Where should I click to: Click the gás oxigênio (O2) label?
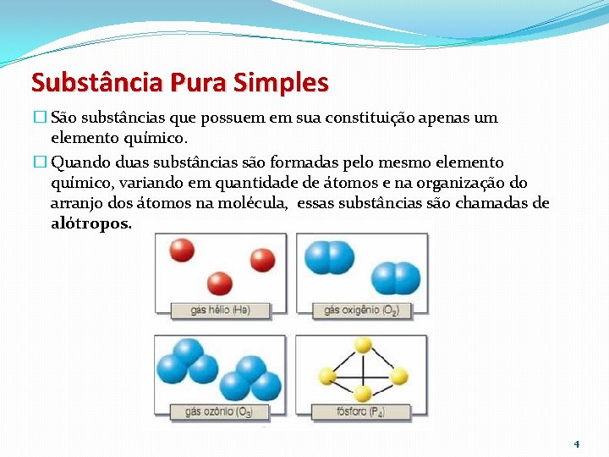tap(362, 311)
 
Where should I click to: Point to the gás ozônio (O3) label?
tap(221, 413)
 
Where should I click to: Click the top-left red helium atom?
tap(182, 250)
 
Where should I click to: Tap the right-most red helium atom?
tap(262, 259)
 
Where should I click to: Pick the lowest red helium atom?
tap(220, 282)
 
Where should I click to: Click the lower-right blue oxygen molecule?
tap(395, 278)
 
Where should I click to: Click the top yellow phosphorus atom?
tap(363, 345)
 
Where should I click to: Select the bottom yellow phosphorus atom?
tap(363, 394)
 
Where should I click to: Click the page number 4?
tap(577, 443)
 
